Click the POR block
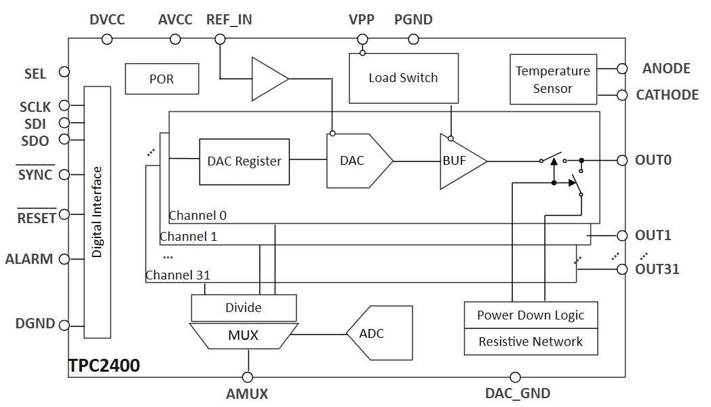pos(162,79)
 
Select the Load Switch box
pos(404,78)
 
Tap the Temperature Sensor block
pos(553,79)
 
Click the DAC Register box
pos(244,162)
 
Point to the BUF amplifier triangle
pos(460,161)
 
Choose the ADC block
pos(380,333)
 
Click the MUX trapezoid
pos(244,335)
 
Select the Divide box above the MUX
pos(244,308)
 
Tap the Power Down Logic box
pos(531,315)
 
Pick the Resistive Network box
pos(531,342)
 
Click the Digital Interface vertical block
pos(98,212)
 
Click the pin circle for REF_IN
pos(220,39)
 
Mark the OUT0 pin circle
pos(622,160)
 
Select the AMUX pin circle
pos(248,377)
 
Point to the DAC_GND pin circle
pos(515,377)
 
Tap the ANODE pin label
pos(666,69)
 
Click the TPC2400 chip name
pos(104,366)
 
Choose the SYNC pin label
pos(35,174)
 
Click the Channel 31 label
pos(178,275)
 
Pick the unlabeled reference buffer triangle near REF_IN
pos(270,79)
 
